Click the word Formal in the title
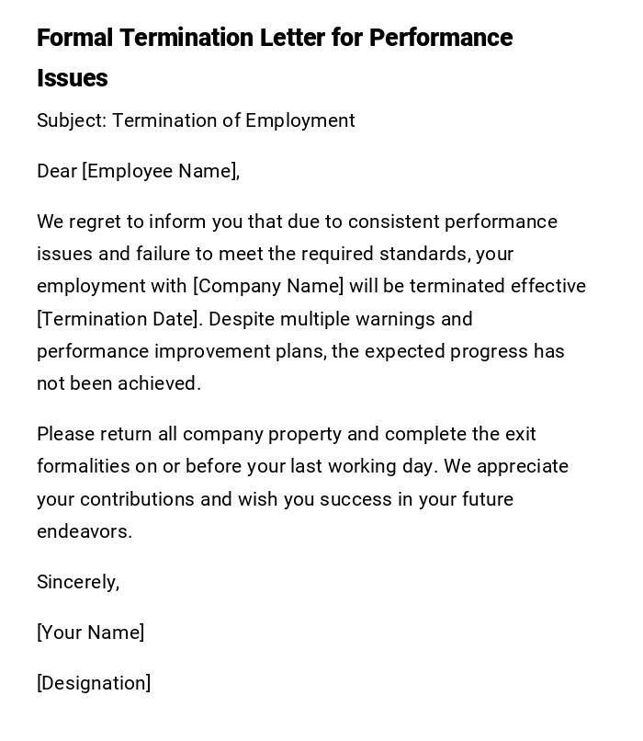click(74, 38)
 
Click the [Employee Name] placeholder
click(161, 171)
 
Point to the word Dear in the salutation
click(56, 171)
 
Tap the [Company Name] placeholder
click(268, 286)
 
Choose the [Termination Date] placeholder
click(118, 319)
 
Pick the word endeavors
click(84, 531)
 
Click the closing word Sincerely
click(78, 582)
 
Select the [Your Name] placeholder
click(90, 633)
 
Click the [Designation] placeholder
click(94, 683)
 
